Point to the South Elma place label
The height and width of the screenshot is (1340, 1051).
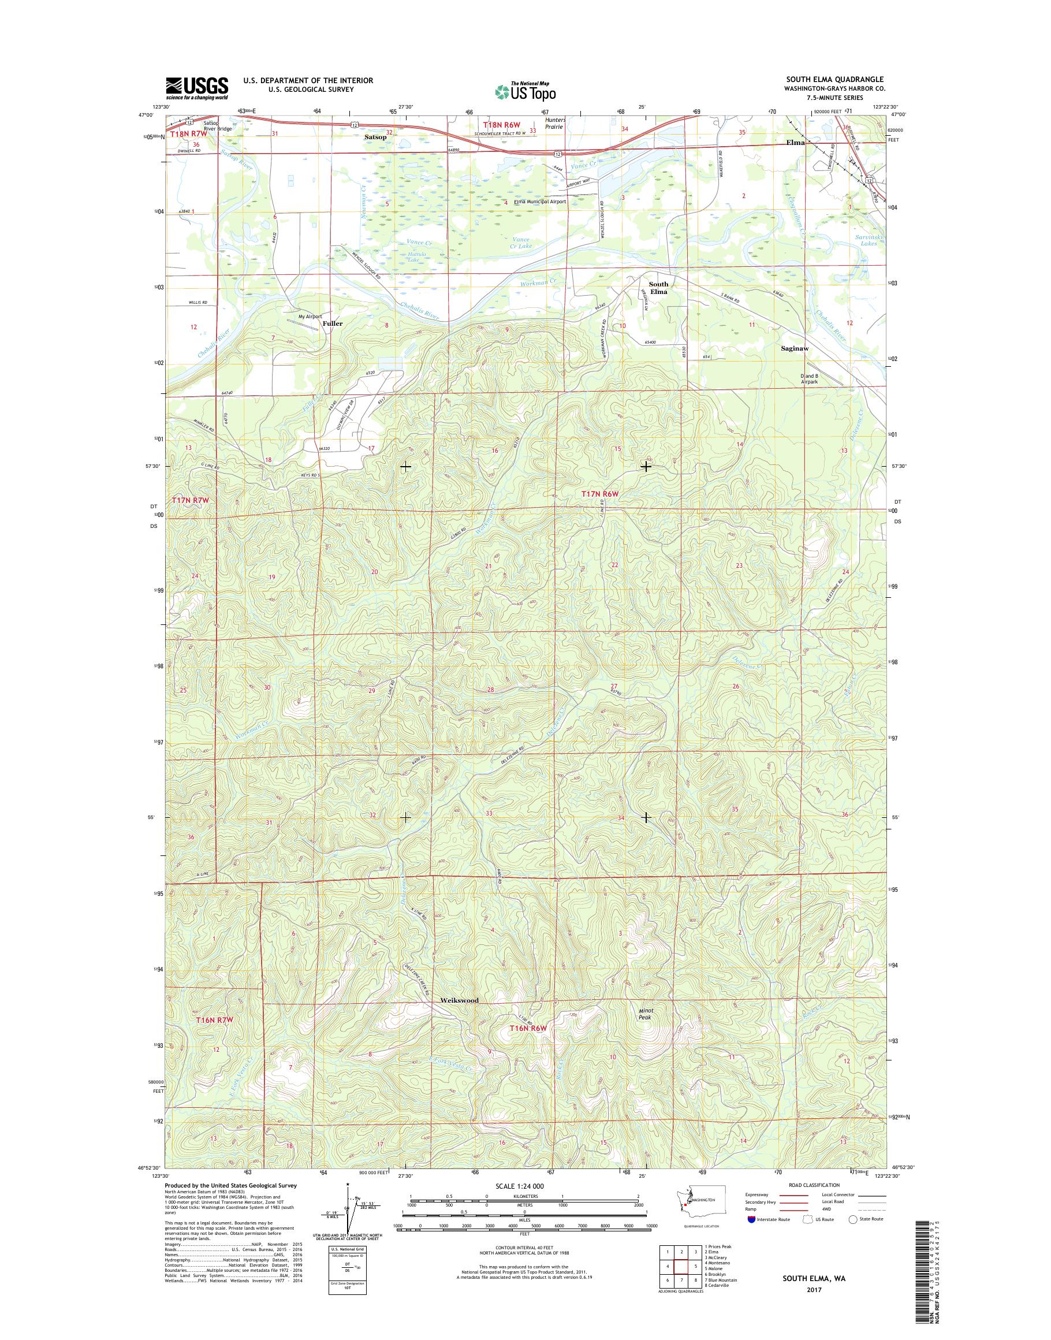pos(658,288)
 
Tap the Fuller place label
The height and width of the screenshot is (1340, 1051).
pos(332,322)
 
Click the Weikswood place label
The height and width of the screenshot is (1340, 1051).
pos(459,1000)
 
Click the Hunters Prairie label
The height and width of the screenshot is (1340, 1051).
pos(554,123)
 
